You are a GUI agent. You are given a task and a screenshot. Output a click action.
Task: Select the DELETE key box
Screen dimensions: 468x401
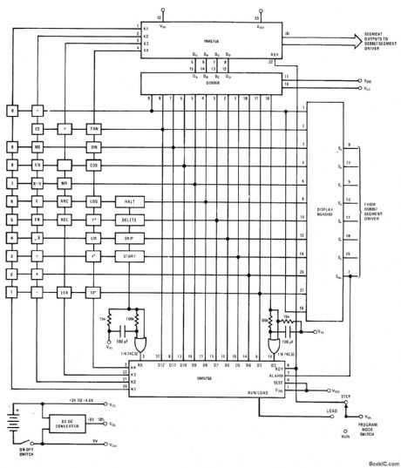point(133,219)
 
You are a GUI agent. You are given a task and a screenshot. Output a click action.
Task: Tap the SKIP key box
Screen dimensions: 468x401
point(133,237)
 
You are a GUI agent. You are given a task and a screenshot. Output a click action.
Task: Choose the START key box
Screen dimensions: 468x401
point(133,255)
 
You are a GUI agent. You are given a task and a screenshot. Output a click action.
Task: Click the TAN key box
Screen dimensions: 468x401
point(94,128)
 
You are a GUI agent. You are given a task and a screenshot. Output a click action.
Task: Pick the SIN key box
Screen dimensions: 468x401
point(94,146)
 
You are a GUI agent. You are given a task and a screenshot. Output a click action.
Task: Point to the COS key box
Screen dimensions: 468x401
point(94,165)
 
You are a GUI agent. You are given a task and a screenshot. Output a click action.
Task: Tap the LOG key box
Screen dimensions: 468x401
point(94,200)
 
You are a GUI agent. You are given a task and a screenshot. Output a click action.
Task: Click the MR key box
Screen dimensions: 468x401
point(64,183)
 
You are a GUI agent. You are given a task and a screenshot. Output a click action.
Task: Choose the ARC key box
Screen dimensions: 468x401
point(64,200)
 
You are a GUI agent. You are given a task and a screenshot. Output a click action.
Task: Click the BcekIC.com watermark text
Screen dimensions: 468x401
point(377,463)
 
